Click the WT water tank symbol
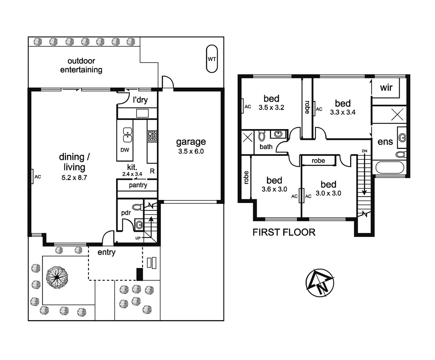pos(212,59)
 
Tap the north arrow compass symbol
pos(319,283)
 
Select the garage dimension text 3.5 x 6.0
pos(191,151)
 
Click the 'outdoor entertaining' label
pos(81,65)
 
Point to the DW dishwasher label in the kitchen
pos(125,150)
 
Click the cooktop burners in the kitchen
pos(152,136)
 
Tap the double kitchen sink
pos(127,135)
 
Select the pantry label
pos(138,185)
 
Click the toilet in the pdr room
pos(137,207)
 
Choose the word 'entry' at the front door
pos(107,252)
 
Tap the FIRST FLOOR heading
pos(284,232)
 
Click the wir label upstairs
pos(386,88)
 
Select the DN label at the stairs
pos(364,151)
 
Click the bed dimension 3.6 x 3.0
pos(274,189)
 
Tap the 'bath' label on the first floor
pos(266,147)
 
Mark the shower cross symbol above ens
pos(397,115)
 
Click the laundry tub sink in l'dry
pos(142,113)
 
